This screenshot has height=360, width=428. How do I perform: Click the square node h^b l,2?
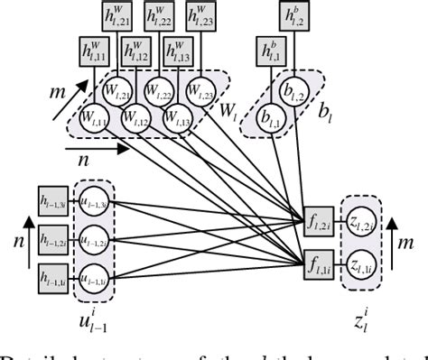point(293,15)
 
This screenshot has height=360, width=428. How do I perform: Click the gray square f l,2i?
point(315,218)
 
